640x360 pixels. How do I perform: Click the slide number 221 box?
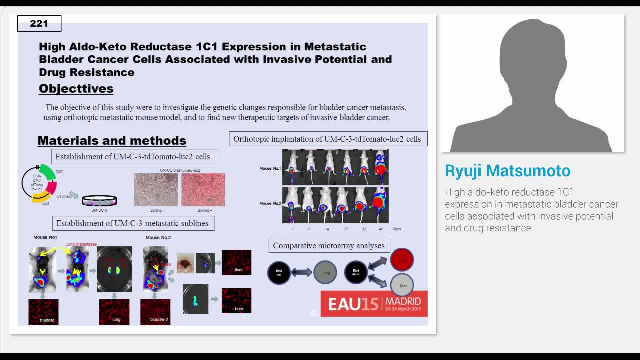coord(39,23)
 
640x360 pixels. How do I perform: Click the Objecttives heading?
coord(76,89)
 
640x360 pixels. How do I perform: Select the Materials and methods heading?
coord(112,141)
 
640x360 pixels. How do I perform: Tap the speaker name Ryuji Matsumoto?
coord(507,171)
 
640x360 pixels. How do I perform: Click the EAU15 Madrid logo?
coord(374,303)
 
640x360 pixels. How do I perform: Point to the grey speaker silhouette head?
coord(532,55)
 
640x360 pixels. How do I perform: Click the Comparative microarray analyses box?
coord(329,246)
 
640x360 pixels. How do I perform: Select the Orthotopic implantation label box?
coord(328,139)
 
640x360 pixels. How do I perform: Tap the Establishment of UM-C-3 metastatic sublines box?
coord(133,223)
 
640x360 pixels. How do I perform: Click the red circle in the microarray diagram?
coord(402,260)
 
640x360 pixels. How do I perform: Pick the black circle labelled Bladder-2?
coord(356,272)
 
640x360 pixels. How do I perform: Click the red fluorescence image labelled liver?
coord(236,262)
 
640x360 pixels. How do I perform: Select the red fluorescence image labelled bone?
coord(236,300)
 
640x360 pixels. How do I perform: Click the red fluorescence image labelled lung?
coord(114,312)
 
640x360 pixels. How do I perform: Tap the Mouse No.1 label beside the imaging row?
coord(270,168)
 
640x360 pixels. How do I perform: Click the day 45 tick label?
coord(381,229)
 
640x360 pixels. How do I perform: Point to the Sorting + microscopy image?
coord(203,190)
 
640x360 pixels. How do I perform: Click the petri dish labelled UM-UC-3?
coord(99,200)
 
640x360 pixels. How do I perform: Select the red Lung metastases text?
coord(81,244)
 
